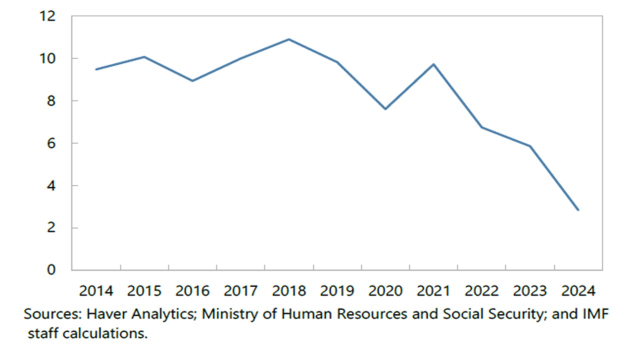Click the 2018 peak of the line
pos(289,39)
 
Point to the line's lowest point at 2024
pos(578,210)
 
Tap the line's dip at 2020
pos(385,109)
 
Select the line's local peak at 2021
pos(433,64)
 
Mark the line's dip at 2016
pos(192,80)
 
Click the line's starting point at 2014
pos(96,69)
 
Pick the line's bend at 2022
pos(482,127)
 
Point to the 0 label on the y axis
pos(52,270)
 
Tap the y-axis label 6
pos(52,143)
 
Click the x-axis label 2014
pos(96,291)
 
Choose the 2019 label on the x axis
pos(337,291)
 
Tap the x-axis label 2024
pos(578,291)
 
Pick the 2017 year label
pos(240,291)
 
